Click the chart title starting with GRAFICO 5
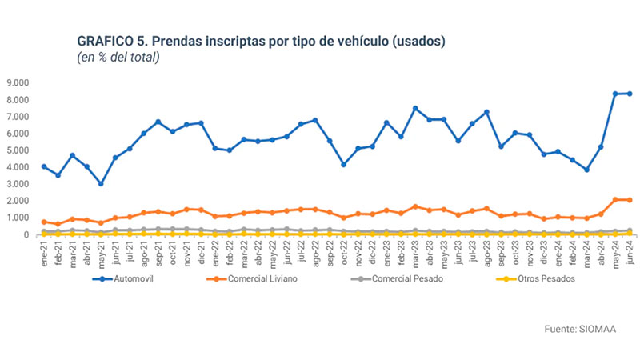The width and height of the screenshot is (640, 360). (261, 41)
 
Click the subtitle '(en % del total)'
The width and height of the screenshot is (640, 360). (118, 57)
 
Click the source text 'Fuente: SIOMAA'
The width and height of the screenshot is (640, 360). (579, 329)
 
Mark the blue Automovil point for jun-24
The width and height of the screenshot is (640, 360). (630, 94)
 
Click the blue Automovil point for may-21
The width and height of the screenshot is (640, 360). (101, 184)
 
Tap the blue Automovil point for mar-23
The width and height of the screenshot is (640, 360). (415, 108)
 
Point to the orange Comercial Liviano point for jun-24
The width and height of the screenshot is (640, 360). (630, 200)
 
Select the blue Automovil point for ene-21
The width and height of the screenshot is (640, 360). (44, 166)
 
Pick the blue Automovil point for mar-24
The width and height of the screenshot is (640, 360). (586, 170)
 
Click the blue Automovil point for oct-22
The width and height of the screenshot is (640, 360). (344, 164)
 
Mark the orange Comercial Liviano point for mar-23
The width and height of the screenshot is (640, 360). (415, 206)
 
